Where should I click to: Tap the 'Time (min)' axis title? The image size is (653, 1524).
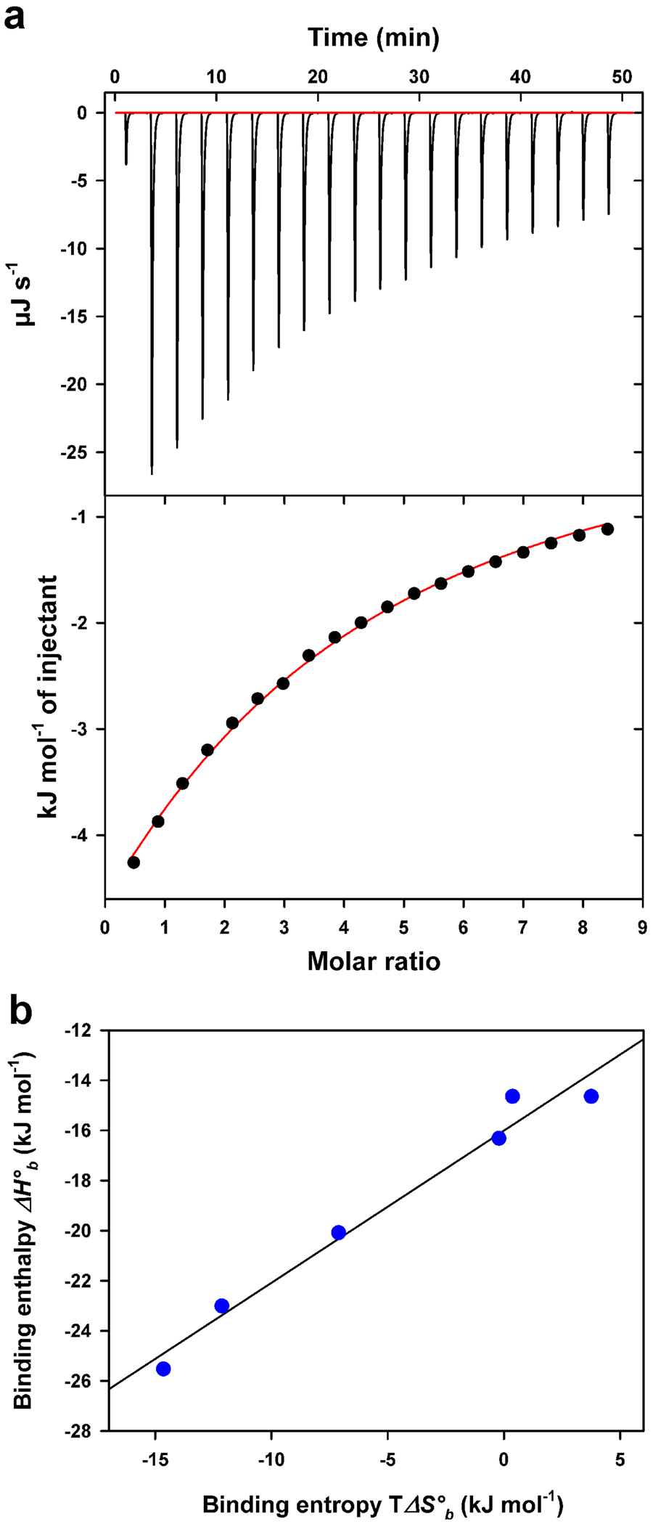click(374, 38)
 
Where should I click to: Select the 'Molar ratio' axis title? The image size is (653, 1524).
click(374, 962)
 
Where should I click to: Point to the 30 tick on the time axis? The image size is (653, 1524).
click(419, 78)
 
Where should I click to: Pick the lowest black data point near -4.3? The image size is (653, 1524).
click(134, 863)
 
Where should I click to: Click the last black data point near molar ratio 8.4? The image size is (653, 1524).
click(607, 529)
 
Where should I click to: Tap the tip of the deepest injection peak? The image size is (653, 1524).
click(152, 473)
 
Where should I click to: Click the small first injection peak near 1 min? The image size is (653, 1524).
click(126, 163)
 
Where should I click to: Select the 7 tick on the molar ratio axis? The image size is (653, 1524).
click(522, 927)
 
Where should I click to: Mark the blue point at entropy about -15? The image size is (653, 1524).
click(163, 1369)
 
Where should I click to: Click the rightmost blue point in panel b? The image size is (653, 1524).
click(591, 1096)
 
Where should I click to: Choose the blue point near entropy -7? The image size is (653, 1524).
click(338, 1232)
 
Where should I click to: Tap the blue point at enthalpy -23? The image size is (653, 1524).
click(222, 1305)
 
